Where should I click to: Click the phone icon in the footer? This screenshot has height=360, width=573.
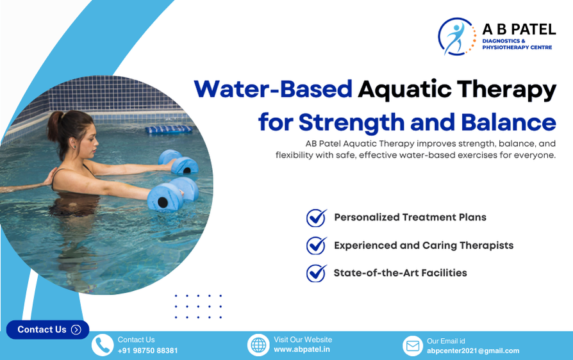point(103,345)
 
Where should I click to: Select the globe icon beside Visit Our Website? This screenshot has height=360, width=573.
point(258,345)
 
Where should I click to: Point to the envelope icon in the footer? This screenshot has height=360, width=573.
point(413,346)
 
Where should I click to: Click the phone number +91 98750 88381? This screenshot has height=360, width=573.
point(147,350)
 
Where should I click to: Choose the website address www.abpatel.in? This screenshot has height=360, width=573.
point(302,350)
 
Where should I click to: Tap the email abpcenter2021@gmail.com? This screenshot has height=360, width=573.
point(473,350)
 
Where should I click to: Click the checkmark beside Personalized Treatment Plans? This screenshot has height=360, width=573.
point(317,218)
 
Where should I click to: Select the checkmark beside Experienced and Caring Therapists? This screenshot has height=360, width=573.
point(317,245)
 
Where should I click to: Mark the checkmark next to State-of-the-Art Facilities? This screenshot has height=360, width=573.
point(317,273)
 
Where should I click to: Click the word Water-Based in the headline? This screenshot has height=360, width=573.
point(273,90)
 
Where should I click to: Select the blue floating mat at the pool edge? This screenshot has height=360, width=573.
point(169,129)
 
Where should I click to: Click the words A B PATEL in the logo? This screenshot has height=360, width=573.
point(519,29)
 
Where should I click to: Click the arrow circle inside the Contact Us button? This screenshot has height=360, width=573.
point(76,330)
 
